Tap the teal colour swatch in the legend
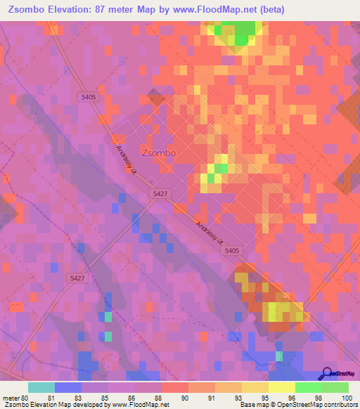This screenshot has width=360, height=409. coord(41,387)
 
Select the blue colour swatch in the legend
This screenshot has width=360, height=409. coord(68,387)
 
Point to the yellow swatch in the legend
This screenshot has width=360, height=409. coord(281,387)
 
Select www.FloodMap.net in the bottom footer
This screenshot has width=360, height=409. coord(140,405)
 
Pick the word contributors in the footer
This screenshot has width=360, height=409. coord(337,405)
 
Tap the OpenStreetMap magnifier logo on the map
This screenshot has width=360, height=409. coord(327,373)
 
